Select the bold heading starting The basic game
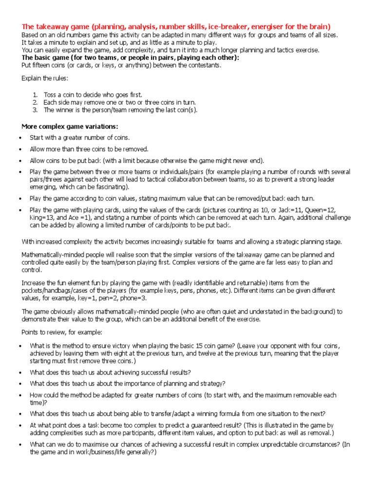point(130,57)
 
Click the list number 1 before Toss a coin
point(35,95)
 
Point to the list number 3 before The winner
point(35,110)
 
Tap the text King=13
point(43,217)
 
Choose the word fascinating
point(106,187)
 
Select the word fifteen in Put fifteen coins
point(44,65)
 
